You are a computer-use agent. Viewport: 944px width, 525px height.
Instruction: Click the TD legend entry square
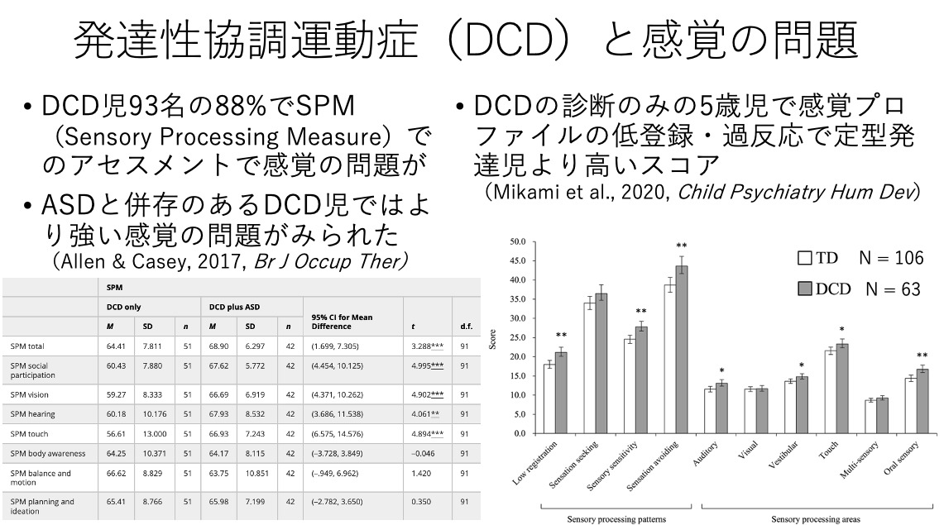point(805,258)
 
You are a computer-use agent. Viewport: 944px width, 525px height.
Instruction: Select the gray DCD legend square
point(805,289)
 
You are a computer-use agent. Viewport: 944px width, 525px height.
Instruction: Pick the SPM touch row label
point(29,433)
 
